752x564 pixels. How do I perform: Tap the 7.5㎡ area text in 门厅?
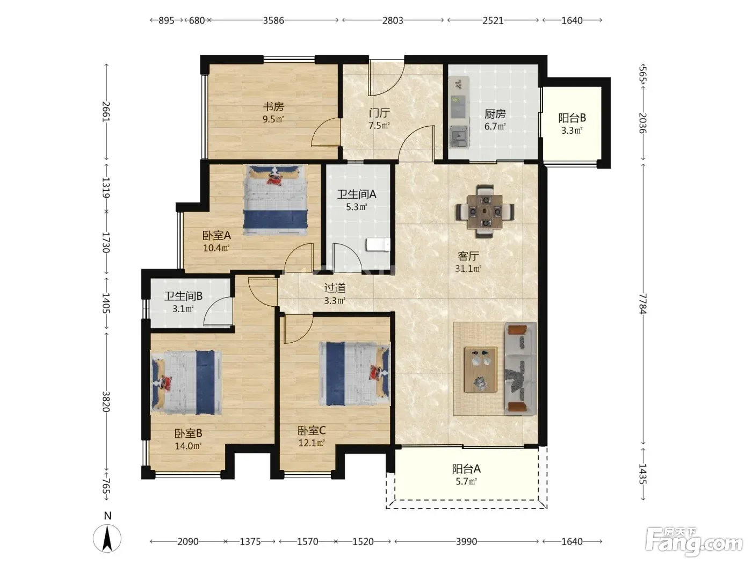click(379, 125)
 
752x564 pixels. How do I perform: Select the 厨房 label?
click(495, 114)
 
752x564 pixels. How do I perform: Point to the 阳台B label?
click(572, 118)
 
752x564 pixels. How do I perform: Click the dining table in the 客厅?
click(485, 212)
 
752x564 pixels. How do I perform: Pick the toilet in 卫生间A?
click(378, 245)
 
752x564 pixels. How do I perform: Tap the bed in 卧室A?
click(275, 200)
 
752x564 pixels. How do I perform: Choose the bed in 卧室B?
click(186, 382)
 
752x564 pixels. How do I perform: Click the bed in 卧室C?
click(355, 374)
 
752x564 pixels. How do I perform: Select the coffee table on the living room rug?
click(481, 370)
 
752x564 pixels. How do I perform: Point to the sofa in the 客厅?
click(520, 368)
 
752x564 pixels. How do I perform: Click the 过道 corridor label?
click(335, 288)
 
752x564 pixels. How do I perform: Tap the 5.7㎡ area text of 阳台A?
click(466, 481)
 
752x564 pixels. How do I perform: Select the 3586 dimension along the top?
click(273, 20)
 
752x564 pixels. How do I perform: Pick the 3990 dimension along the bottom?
click(466, 542)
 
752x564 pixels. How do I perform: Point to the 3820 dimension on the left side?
click(106, 402)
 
